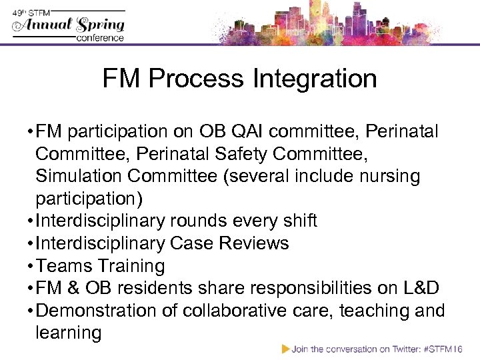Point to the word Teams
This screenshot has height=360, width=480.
tap(64, 265)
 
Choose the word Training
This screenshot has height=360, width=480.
tap(131, 265)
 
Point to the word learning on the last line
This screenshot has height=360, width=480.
tap(68, 333)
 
